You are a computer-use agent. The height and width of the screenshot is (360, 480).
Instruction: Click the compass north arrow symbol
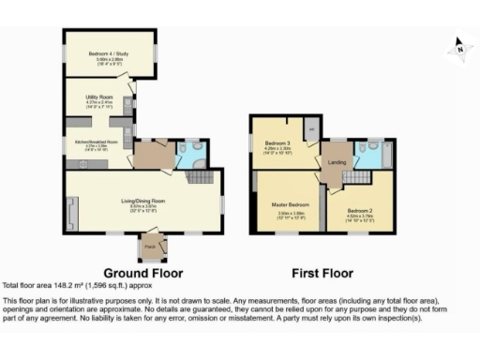click(458, 45)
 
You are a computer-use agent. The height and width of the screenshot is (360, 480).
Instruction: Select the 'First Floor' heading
click(322, 273)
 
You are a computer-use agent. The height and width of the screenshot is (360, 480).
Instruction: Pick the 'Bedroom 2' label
click(361, 211)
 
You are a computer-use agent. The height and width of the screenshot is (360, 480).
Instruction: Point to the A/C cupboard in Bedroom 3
click(310, 127)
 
